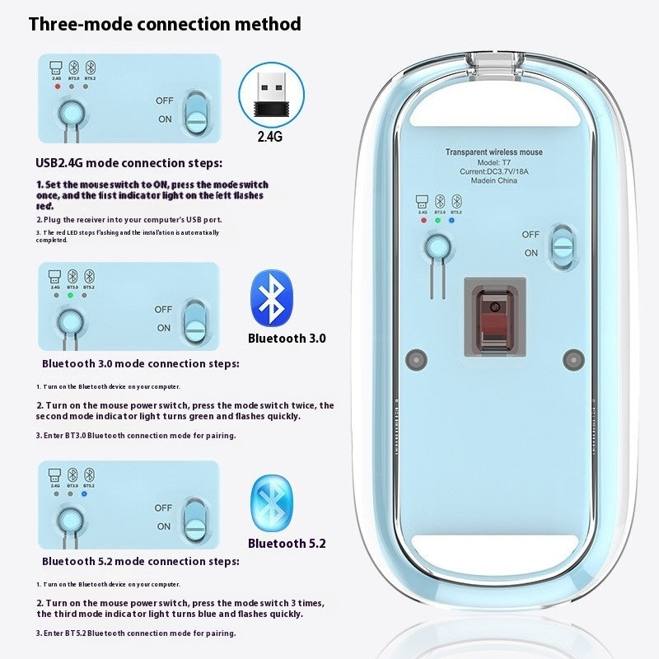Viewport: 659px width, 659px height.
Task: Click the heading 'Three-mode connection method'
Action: pyautogui.click(x=165, y=24)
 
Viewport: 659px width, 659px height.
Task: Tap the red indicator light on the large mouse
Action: pyautogui.click(x=423, y=221)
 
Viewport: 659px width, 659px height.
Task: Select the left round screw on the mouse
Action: pyautogui.click(x=416, y=359)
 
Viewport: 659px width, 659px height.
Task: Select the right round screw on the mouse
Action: pyautogui.click(x=572, y=359)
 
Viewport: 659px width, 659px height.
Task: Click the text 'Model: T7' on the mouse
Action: pyautogui.click(x=493, y=162)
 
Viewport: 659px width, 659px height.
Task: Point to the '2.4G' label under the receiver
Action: pyautogui.click(x=269, y=137)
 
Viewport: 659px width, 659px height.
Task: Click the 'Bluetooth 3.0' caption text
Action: pyautogui.click(x=287, y=338)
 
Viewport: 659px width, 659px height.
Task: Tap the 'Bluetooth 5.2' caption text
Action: pyautogui.click(x=287, y=544)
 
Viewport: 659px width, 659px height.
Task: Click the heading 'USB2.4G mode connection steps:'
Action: pyautogui.click(x=129, y=163)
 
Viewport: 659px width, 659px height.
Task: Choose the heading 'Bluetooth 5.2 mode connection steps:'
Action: pyautogui.click(x=141, y=561)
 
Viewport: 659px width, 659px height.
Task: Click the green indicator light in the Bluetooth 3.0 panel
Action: pyautogui.click(x=72, y=294)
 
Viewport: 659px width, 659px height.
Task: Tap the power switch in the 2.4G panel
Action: pyautogui.click(x=195, y=111)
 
